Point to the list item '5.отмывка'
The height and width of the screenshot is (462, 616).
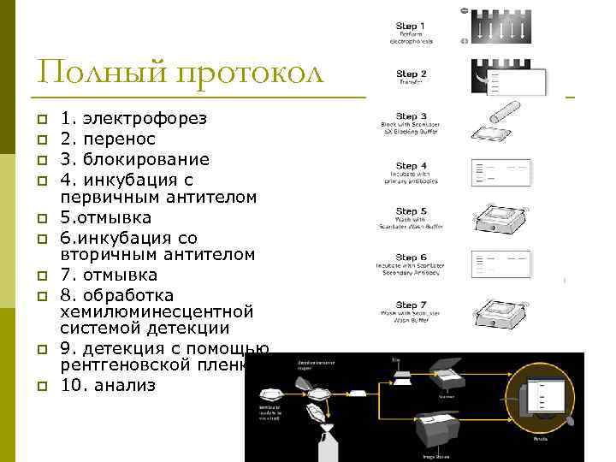pos(106,217)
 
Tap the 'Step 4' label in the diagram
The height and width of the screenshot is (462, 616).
pos(412,166)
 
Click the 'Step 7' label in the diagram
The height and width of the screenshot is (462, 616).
pos(412,305)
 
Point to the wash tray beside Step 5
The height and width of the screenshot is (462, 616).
pos(510,221)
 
